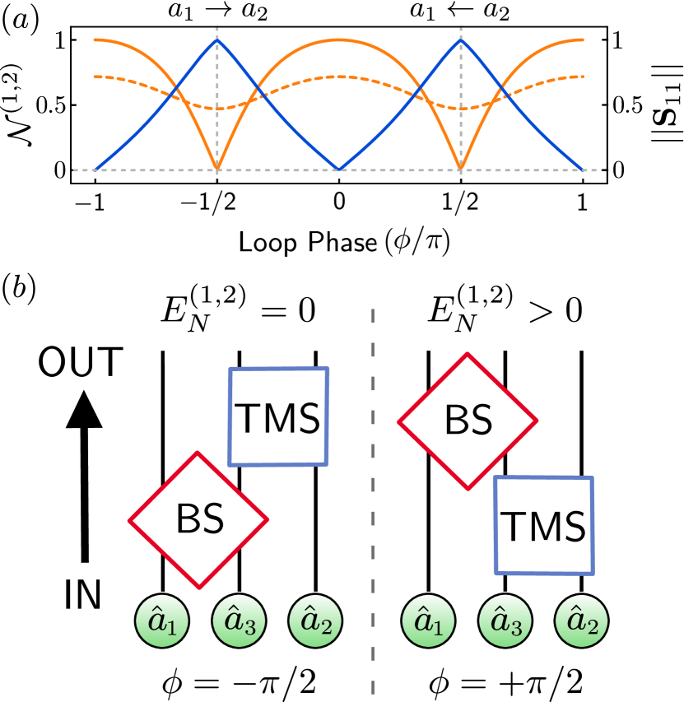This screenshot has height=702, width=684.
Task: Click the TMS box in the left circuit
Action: coord(278,416)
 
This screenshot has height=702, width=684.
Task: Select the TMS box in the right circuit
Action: coord(543,525)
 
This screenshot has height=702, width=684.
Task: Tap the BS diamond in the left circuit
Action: coord(198,519)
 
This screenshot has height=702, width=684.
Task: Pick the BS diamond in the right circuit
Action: coord(468,421)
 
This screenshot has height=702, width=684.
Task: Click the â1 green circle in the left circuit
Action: coord(162,622)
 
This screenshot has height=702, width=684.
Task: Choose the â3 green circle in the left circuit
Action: coord(240,622)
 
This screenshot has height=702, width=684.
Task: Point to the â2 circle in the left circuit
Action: coord(315,621)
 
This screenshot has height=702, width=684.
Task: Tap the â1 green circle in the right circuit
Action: coord(428,621)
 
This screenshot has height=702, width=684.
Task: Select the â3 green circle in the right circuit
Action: coord(505,621)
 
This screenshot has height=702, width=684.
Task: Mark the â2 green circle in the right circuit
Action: coord(582,621)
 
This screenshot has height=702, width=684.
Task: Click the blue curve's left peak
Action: coord(217,40)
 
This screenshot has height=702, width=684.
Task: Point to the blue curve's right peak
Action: coord(460,40)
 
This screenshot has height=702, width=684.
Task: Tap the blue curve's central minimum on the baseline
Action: coord(339,170)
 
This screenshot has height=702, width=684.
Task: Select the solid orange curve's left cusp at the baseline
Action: coord(217,168)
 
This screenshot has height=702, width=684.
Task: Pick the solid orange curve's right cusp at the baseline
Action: coord(460,168)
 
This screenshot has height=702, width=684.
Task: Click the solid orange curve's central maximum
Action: coord(339,39)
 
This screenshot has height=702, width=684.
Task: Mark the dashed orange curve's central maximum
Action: coord(339,77)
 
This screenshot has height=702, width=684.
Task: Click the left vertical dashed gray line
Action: coord(217,123)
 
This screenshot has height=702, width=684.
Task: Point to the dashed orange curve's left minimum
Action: coord(217,109)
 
